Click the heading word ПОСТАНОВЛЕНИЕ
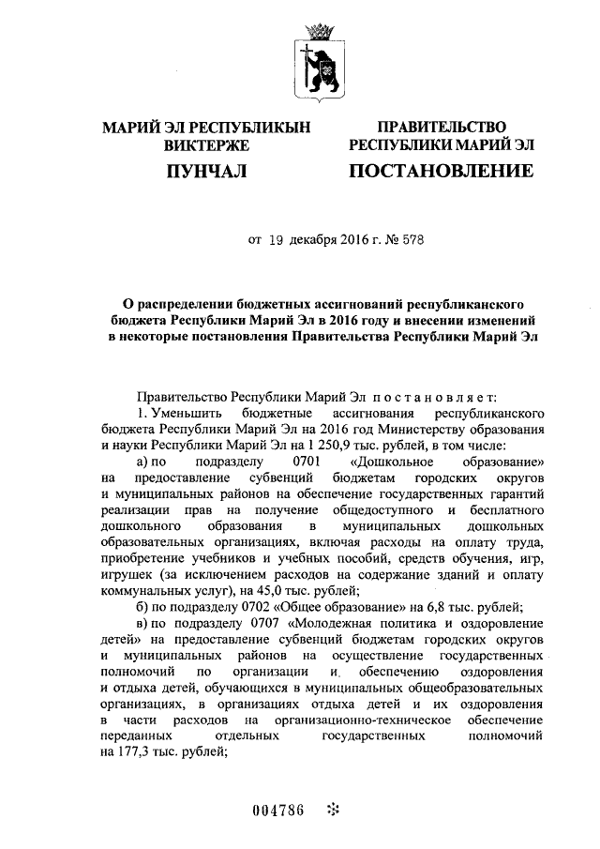(x=442, y=171)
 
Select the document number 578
(x=412, y=239)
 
